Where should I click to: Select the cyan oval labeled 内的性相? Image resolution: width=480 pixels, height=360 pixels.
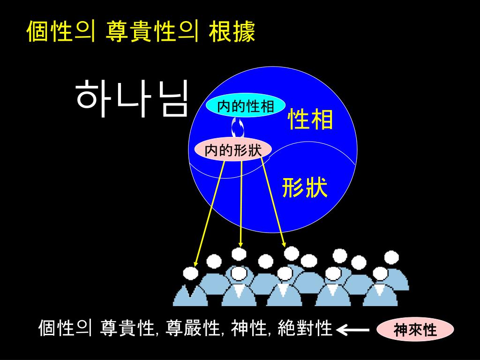(x=246, y=106)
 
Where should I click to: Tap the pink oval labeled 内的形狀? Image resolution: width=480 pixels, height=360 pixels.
(x=233, y=150)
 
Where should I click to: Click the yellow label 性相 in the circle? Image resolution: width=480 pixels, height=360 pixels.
(x=310, y=119)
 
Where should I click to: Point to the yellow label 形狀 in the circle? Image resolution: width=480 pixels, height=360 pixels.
(x=305, y=188)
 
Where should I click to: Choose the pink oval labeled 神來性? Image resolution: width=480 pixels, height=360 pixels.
(x=415, y=330)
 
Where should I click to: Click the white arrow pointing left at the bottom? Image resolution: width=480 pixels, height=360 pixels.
(x=353, y=330)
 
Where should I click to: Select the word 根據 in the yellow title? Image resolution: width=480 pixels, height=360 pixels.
(x=232, y=33)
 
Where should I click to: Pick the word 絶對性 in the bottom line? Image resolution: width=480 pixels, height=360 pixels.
(x=305, y=329)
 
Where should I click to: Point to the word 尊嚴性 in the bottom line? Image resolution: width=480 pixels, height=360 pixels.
(x=194, y=329)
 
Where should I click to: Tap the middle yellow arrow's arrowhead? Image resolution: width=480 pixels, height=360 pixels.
(x=240, y=244)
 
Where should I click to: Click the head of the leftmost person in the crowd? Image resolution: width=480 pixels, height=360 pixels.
(x=190, y=273)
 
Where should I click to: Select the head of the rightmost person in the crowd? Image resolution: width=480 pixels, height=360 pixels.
(x=391, y=257)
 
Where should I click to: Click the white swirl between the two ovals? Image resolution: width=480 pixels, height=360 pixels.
(x=238, y=127)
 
